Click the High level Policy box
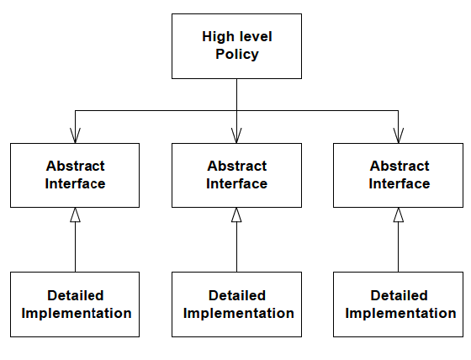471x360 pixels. point(236,46)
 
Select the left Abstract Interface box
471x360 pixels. point(75,175)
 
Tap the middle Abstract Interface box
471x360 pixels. point(236,175)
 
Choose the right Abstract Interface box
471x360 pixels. point(399,175)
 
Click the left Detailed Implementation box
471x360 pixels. point(75,304)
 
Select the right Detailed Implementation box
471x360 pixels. point(399,304)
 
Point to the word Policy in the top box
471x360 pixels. point(236,55)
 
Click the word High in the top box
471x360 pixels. point(217,37)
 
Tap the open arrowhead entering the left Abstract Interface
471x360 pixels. point(75,135)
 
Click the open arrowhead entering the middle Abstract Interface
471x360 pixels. point(236,135)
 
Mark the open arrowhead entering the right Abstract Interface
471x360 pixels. point(399,135)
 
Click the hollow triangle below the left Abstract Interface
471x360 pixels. point(75,215)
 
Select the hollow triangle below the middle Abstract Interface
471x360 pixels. point(236,215)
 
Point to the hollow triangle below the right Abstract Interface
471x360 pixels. point(399,215)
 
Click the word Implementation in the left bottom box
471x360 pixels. point(76,314)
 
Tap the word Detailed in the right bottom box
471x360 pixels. point(400,296)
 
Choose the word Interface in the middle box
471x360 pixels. point(237,184)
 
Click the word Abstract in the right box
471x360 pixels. point(400,167)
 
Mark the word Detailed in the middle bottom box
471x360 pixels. point(237,296)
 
